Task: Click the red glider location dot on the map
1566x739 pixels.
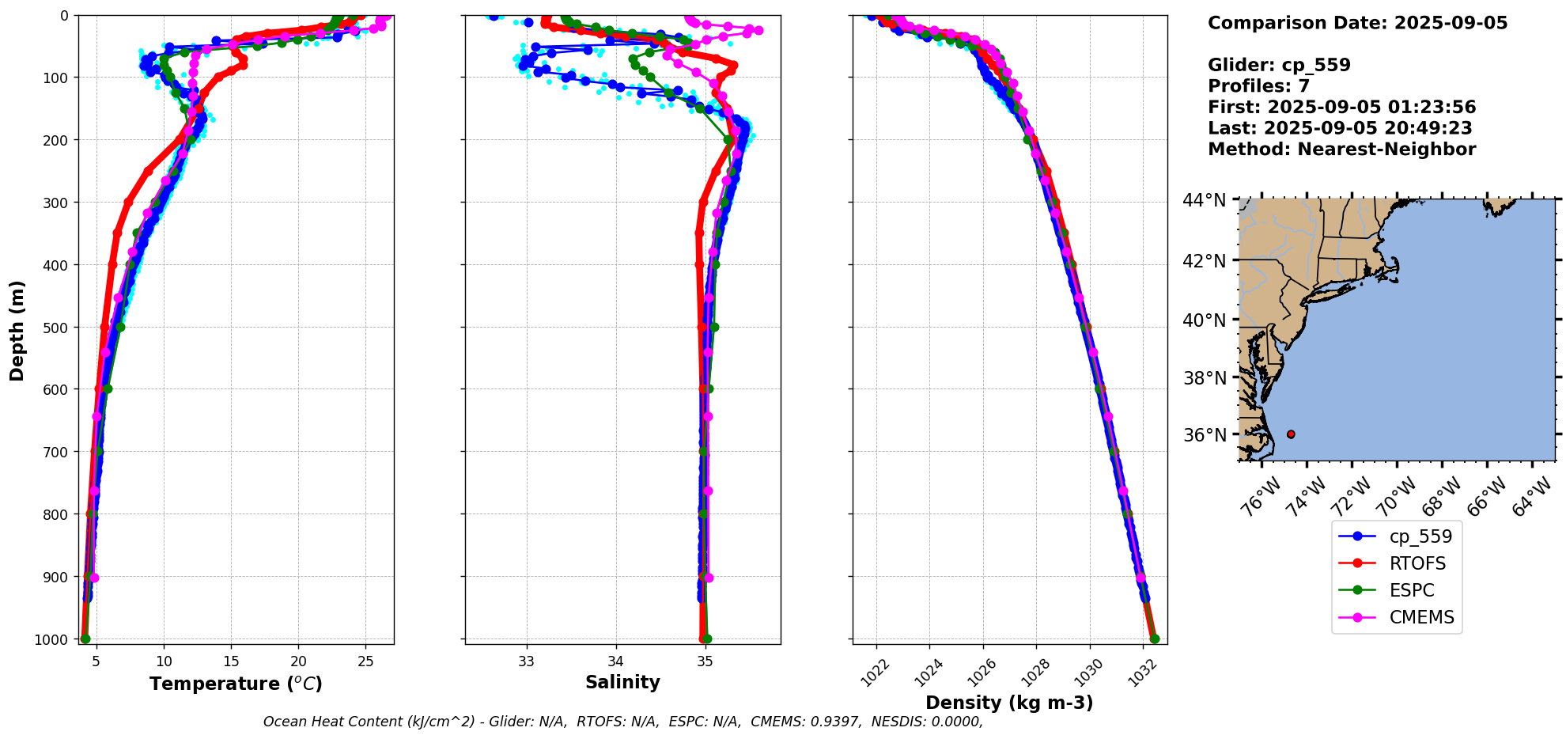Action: [1291, 434]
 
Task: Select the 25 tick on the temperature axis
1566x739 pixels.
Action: [365, 661]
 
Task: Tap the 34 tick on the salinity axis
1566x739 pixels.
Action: [616, 661]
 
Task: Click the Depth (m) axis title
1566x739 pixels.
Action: [17, 330]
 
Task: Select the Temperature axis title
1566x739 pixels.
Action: [236, 684]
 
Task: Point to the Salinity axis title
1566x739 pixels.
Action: [622, 682]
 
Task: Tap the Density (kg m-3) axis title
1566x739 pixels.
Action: [1009, 703]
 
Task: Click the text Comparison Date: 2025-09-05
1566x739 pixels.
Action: [1357, 23]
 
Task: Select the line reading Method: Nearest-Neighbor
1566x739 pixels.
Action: [1341, 150]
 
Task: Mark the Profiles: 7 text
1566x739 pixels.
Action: [1258, 86]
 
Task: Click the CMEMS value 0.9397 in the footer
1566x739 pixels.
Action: [837, 722]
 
